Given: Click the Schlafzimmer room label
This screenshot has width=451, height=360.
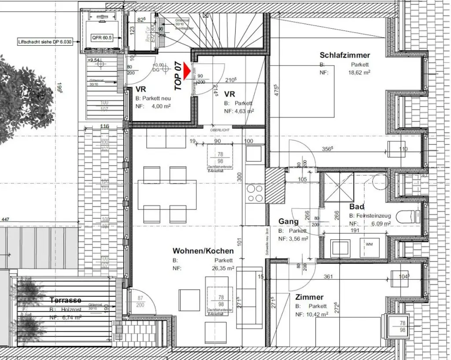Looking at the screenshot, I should pos(345,55).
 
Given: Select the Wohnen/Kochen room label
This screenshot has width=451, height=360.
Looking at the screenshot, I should pos(203,251).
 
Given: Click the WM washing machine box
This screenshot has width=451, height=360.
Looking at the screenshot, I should pos(369,243).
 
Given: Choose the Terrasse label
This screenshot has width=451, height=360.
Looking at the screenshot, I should pos(65,300).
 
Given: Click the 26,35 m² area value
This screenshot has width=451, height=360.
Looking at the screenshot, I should pos(222,268).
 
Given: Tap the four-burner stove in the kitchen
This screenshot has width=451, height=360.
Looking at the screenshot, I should pos(255,193).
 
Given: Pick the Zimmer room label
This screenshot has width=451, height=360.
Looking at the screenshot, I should pos(309,297).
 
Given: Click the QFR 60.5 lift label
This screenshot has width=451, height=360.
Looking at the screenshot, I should pos(101,38).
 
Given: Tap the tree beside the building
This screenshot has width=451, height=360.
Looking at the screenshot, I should pos(18,99).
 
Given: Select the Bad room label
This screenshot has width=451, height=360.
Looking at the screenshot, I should pos(357,207).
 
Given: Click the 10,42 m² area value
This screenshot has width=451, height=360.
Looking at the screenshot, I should pos(318,314).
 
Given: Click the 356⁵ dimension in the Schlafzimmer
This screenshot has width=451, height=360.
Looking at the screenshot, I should pos(327,149).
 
